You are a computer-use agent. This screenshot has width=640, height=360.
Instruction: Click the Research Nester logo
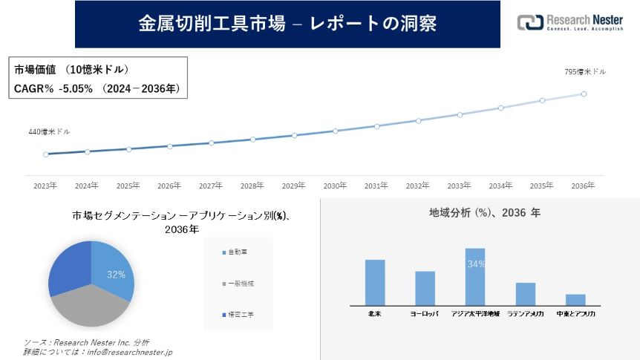coord(569,22)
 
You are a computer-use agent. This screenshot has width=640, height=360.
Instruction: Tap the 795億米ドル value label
coord(585,72)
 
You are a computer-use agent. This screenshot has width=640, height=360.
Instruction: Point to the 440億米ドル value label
coord(49,131)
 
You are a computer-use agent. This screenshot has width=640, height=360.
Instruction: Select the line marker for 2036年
coord(584,94)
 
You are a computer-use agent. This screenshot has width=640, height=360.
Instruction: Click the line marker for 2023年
coord(46,154)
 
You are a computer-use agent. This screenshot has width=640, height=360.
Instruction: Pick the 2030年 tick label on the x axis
coord(335,186)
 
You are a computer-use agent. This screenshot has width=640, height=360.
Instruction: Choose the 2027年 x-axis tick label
coord(211,186)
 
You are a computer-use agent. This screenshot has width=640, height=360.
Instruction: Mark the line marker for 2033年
coord(460,114)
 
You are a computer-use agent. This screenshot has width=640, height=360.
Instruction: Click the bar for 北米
coord(375,282)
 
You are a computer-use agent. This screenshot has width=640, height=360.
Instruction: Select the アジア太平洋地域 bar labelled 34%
coord(475,277)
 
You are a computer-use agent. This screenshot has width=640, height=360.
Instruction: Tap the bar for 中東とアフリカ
coord(575,299)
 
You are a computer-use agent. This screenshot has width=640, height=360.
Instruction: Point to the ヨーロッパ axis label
coord(425,314)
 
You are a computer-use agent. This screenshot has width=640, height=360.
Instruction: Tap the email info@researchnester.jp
coord(125,352)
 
